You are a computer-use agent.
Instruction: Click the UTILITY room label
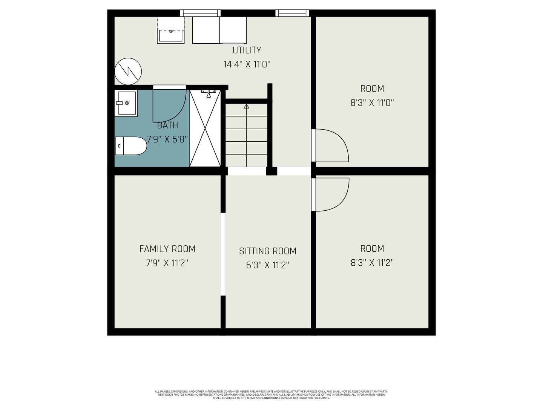coord(247,50)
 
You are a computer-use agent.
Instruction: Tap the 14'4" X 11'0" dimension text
coord(247,64)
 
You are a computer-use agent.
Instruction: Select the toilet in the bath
coord(131,146)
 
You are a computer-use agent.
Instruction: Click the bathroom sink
coord(126,103)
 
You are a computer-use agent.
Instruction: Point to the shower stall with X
coord(205,128)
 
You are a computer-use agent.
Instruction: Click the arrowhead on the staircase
coord(246,106)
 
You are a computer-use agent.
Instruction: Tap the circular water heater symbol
coord(128,72)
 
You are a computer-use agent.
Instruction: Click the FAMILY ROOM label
coord(167,249)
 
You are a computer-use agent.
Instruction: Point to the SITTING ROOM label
coord(268,251)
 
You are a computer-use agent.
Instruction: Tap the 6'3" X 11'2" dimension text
coord(268,265)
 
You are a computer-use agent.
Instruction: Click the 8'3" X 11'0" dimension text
coord(372,103)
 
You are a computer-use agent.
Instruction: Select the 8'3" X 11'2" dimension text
coord(372,262)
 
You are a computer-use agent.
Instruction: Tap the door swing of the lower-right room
coord(343,200)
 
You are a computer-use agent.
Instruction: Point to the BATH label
coord(167,125)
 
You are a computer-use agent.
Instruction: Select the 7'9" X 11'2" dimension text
coord(167,263)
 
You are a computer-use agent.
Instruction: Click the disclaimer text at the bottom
coord(271,395)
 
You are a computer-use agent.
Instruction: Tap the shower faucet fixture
coord(209,93)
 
